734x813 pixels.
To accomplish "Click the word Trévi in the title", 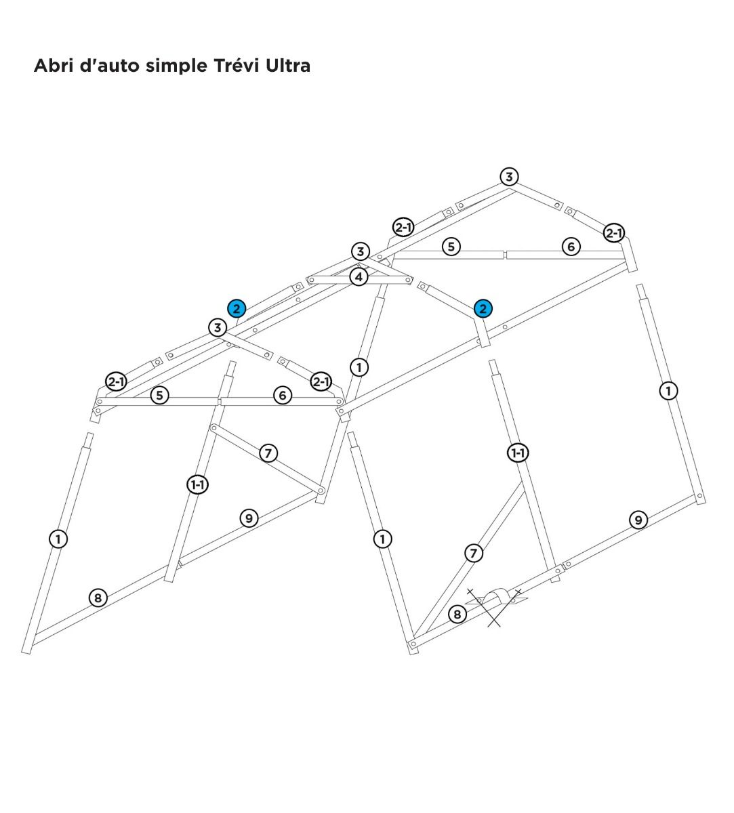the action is [x=236, y=65].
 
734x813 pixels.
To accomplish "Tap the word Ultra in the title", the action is [x=288, y=65].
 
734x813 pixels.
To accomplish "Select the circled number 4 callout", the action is [x=359, y=277].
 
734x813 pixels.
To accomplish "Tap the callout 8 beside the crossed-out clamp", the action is [x=457, y=614].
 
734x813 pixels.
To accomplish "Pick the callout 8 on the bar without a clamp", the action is [x=98, y=598].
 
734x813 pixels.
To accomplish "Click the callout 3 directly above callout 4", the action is [x=360, y=251].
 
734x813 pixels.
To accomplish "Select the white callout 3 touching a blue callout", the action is [x=218, y=327].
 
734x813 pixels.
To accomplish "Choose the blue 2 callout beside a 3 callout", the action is [x=237, y=309].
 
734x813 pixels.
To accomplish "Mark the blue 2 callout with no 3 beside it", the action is [x=483, y=309].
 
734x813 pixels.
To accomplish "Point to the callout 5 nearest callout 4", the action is [x=451, y=247].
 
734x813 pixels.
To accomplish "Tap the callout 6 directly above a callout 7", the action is [x=283, y=395].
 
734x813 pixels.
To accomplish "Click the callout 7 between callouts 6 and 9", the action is [x=268, y=453].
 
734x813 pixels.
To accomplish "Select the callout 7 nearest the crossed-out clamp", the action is [x=473, y=554].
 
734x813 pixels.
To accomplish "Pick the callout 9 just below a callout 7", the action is [x=249, y=518].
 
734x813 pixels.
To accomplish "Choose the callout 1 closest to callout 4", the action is [x=359, y=368].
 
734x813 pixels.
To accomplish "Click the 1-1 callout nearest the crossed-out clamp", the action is [x=518, y=453].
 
